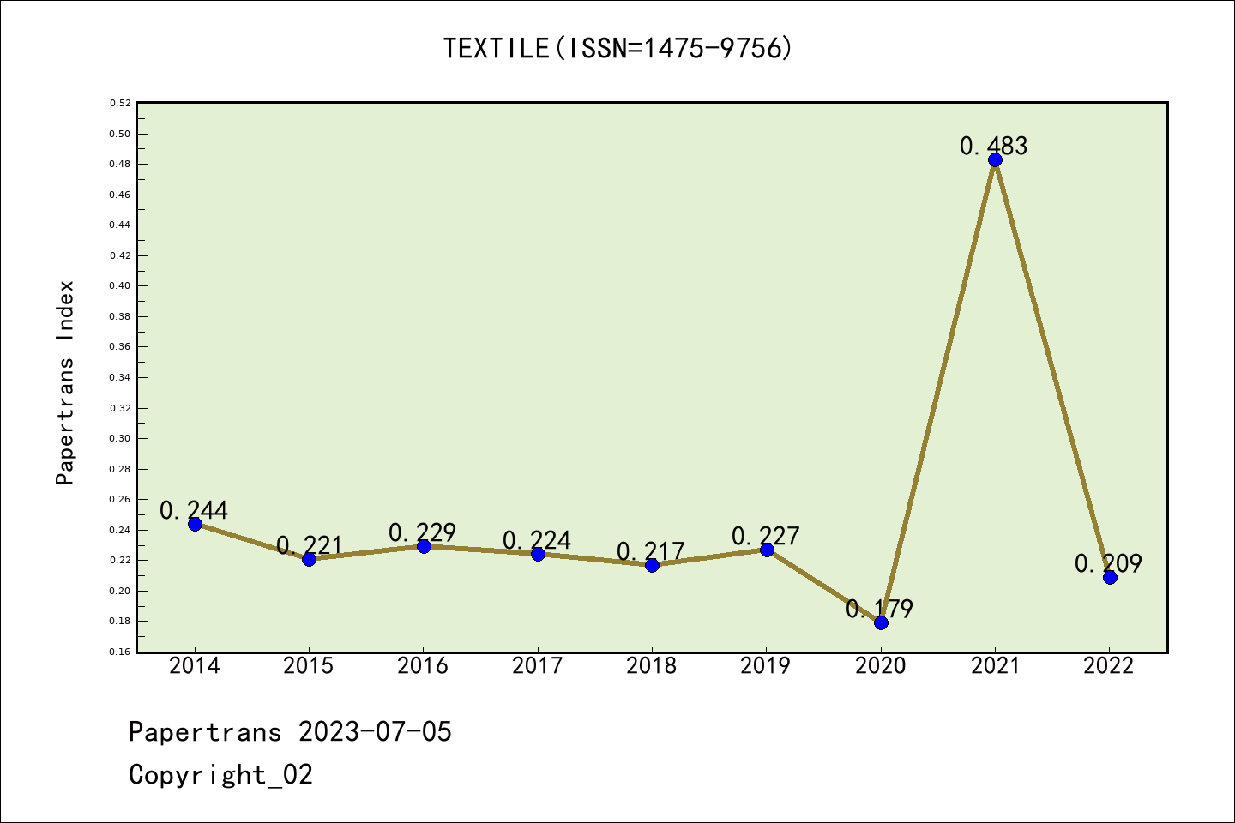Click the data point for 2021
995,160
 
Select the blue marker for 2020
881,622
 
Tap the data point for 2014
195,524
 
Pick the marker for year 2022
1110,577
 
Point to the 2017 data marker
538,554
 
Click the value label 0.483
993,146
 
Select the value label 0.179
879,609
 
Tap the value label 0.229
422,532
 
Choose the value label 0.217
650,550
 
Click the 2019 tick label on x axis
766,665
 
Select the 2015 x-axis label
309,665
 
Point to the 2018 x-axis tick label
652,665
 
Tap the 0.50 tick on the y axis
120,134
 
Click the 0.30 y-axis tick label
120,438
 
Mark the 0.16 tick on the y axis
120,652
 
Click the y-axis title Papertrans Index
65,382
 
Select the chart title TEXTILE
617,48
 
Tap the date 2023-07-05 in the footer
375,732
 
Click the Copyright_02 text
220,775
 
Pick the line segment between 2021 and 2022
1052,369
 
